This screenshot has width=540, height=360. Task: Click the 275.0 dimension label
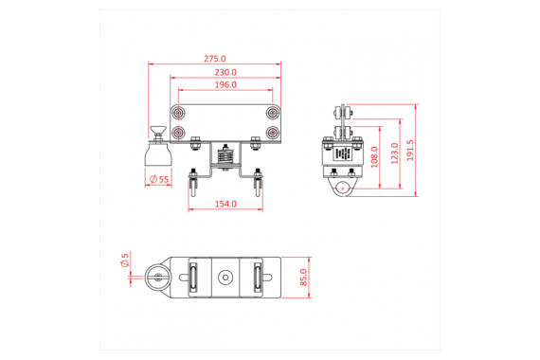click(x=214, y=59)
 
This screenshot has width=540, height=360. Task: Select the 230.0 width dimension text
click(x=225, y=72)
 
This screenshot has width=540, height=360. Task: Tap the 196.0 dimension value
click(x=225, y=85)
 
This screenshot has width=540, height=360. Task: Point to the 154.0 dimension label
click(x=225, y=204)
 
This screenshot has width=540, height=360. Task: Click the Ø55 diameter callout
click(x=158, y=179)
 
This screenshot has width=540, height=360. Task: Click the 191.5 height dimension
click(x=409, y=150)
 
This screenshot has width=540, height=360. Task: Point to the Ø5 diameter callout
click(x=124, y=260)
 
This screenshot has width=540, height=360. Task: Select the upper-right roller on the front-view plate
click(x=272, y=115)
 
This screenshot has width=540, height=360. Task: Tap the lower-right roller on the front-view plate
click(x=272, y=133)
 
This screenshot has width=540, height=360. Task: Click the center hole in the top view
click(x=225, y=278)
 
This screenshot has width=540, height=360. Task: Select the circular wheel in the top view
click(x=156, y=278)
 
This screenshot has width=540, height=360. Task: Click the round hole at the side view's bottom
click(x=342, y=189)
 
